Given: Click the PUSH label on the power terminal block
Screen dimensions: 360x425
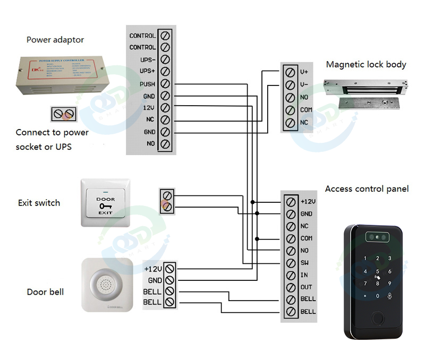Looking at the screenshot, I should point(147,84).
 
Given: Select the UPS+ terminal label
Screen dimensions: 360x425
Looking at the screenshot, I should point(147,72).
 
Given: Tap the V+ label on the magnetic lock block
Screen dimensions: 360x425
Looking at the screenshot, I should point(304,72).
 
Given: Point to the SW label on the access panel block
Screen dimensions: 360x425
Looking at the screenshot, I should point(305,263).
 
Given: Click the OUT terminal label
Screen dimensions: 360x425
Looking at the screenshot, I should point(306,287).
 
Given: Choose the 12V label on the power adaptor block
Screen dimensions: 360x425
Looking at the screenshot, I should point(148,108).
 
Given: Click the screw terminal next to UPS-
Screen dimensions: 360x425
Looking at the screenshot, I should point(165,59).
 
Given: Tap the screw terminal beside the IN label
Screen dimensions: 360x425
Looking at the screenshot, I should point(290,275).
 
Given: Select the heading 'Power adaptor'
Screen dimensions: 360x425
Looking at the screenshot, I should point(55,40).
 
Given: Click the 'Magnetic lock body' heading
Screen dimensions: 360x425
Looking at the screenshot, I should point(366,65).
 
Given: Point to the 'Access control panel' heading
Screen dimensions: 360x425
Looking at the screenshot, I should point(367,189).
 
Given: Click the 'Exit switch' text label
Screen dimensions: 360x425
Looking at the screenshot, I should point(39,203).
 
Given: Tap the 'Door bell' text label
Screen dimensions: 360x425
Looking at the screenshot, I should point(45,292).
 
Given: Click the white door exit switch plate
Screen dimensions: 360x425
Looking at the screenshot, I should point(105,203).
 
